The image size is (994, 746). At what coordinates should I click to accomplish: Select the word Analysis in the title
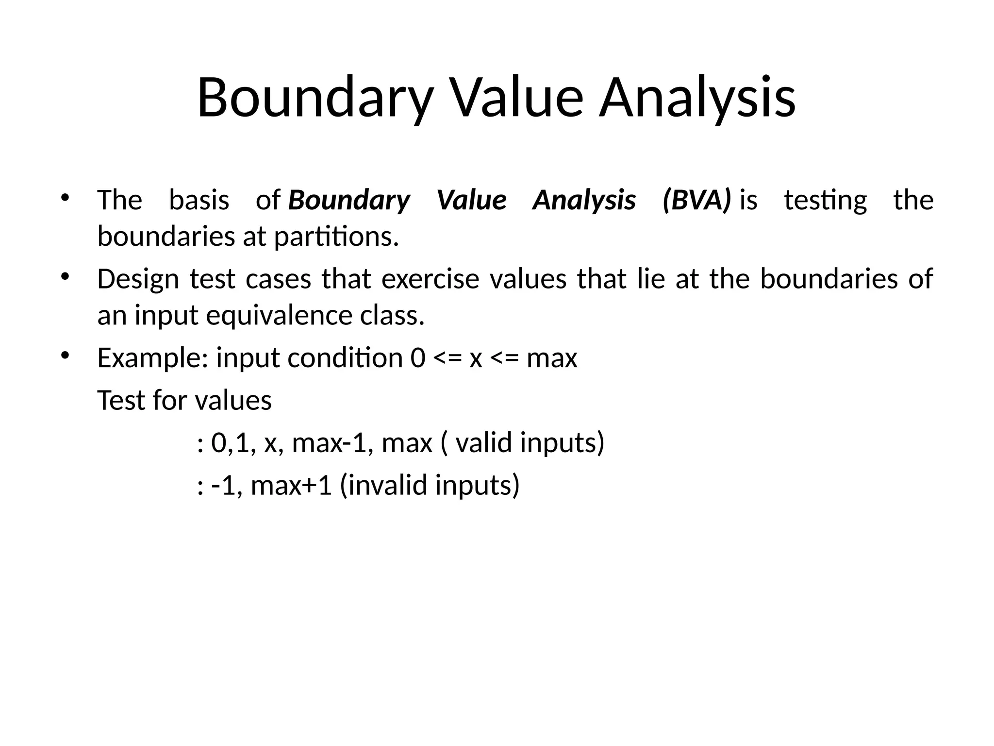[x=697, y=99]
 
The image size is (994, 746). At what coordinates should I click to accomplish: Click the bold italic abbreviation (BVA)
[x=696, y=200]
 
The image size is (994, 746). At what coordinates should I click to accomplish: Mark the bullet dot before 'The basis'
[x=65, y=198]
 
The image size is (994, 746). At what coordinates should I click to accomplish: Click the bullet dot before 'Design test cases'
[x=65, y=277]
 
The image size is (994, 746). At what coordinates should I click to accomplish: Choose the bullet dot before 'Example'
[x=65, y=356]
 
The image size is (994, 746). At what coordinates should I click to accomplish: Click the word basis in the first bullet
[x=199, y=200]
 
